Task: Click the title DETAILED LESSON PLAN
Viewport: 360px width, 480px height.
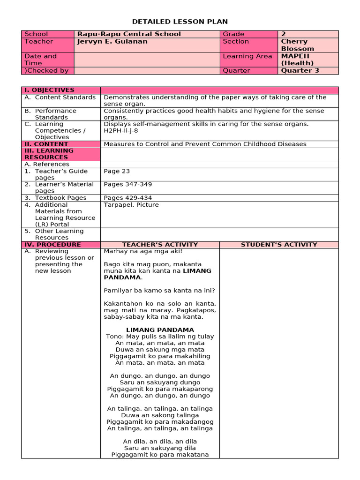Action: click(x=180, y=22)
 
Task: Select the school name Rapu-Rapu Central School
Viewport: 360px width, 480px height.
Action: click(x=129, y=34)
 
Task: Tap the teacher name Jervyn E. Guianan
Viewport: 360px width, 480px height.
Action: click(x=112, y=42)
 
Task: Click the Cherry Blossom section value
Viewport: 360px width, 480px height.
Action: click(x=297, y=45)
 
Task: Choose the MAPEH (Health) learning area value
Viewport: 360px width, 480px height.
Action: click(x=297, y=60)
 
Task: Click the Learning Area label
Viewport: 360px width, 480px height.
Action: click(x=247, y=56)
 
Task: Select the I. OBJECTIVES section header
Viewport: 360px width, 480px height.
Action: click(x=49, y=90)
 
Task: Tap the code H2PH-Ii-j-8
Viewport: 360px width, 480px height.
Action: click(x=121, y=131)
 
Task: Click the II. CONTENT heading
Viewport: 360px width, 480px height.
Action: click(x=46, y=144)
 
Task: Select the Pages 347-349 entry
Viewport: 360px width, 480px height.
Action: click(x=127, y=185)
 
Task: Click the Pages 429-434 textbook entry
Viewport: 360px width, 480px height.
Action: click(x=127, y=198)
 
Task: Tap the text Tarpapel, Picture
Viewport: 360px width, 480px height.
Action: click(x=131, y=205)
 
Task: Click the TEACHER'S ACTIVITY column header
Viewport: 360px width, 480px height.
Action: click(x=160, y=245)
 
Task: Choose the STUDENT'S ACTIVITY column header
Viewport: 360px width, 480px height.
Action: click(x=279, y=245)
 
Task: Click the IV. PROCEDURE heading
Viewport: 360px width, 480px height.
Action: click(x=52, y=245)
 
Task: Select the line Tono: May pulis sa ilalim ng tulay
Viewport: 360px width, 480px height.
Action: click(x=160, y=337)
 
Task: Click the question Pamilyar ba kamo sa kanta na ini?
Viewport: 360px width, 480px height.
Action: click(x=159, y=290)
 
